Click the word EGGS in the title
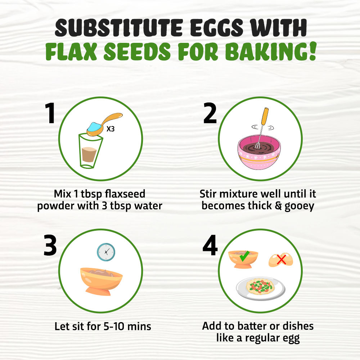click(216, 28)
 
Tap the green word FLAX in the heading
click(71, 51)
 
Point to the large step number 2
click(210, 113)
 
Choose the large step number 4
click(210, 245)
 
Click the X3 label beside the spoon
click(111, 129)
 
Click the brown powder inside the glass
click(89, 154)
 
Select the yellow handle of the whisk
click(265, 116)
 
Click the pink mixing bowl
click(259, 152)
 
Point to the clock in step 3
click(106, 252)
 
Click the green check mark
click(244, 256)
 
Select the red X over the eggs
click(281, 260)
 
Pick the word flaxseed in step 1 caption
click(125, 194)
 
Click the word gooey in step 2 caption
click(299, 206)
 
